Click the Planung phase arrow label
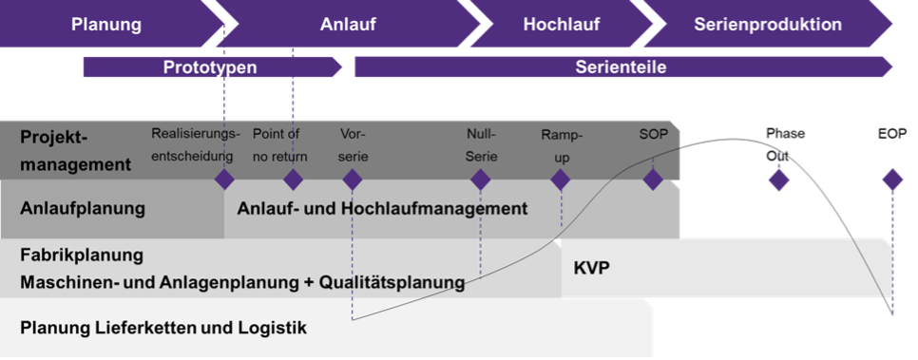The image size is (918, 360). pyautogui.click(x=105, y=24)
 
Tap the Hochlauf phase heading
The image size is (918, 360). pyautogui.click(x=561, y=24)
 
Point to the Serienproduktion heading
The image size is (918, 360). pyautogui.click(x=768, y=24)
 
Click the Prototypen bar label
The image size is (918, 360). pyautogui.click(x=210, y=67)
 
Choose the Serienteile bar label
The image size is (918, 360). pyautogui.click(x=621, y=67)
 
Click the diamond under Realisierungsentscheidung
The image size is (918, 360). pyautogui.click(x=224, y=180)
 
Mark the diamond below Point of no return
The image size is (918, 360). pyautogui.click(x=293, y=180)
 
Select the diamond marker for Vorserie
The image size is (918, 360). pyautogui.click(x=353, y=180)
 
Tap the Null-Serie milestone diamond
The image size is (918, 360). pyautogui.click(x=481, y=180)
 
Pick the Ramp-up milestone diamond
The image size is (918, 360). pyautogui.click(x=561, y=180)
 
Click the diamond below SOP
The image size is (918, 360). pyautogui.click(x=653, y=180)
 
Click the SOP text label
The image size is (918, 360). pyautogui.click(x=653, y=135)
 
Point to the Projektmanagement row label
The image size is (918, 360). pyautogui.click(x=75, y=150)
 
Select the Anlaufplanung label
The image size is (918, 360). pyautogui.click(x=83, y=209)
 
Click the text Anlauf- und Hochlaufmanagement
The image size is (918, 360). pyautogui.click(x=382, y=209)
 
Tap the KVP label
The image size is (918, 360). pyautogui.click(x=591, y=267)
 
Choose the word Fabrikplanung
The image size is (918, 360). pyautogui.click(x=82, y=255)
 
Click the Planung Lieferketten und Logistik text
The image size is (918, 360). pyautogui.click(x=163, y=329)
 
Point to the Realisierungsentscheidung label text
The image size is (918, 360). pyautogui.click(x=196, y=145)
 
